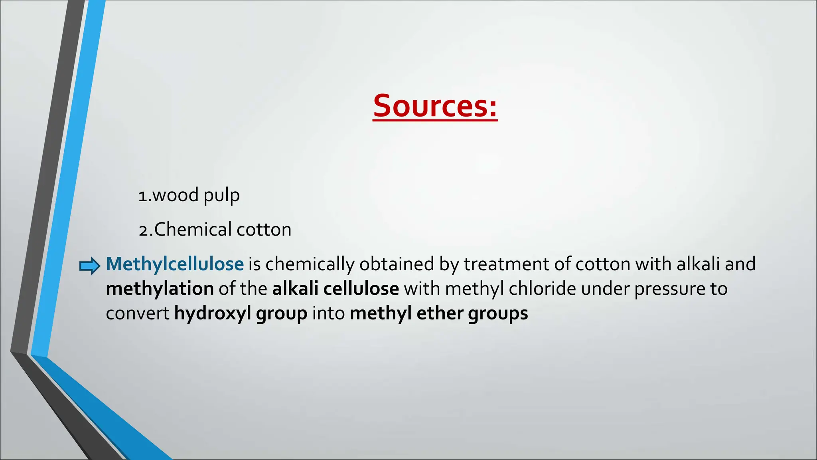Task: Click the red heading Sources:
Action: pyautogui.click(x=435, y=106)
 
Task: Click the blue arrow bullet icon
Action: pyautogui.click(x=90, y=266)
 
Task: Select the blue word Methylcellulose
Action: pyautogui.click(x=175, y=264)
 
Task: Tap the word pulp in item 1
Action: pyautogui.click(x=221, y=196)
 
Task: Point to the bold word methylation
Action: pyautogui.click(x=160, y=289)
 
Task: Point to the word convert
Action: pyautogui.click(x=138, y=313)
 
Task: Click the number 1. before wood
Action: pyautogui.click(x=144, y=196)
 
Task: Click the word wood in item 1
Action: pyautogui.click(x=176, y=196)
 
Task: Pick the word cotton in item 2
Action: pyautogui.click(x=264, y=230)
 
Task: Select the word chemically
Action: pyautogui.click(x=310, y=264)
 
